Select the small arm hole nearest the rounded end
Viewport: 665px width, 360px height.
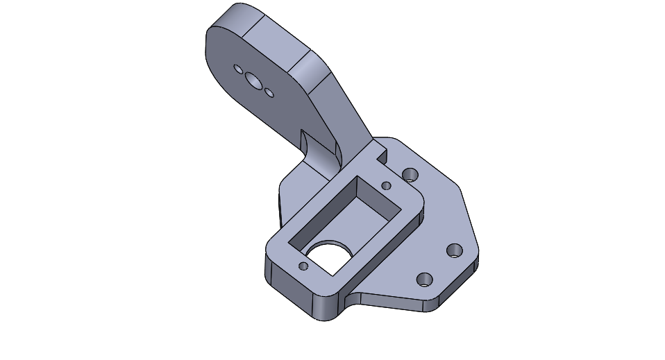coord(238,69)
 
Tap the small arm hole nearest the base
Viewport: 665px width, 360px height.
coord(269,92)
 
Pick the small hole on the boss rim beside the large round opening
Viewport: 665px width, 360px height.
coord(303,266)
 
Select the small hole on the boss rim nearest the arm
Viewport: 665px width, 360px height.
coord(386,185)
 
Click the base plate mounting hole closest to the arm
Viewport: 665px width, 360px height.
coord(410,173)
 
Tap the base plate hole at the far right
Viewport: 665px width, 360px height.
coord(455,250)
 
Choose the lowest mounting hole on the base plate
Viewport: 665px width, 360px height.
coord(423,280)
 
